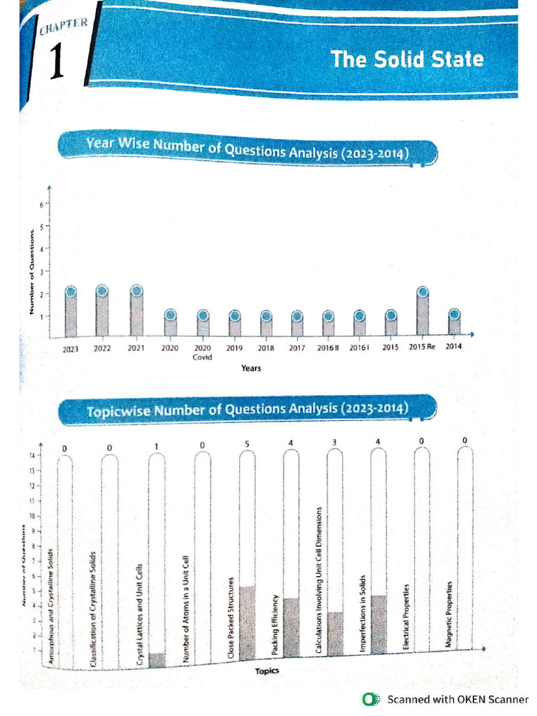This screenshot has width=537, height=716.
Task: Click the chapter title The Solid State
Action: click(x=407, y=59)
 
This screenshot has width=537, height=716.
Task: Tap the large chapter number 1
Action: click(x=58, y=62)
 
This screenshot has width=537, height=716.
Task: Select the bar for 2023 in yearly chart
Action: click(x=71, y=312)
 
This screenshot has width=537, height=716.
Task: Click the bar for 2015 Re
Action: click(x=423, y=312)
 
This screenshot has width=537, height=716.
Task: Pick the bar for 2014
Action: click(x=454, y=322)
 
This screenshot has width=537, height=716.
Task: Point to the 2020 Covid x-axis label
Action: click(x=203, y=352)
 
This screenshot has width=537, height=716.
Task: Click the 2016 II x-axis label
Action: click(x=328, y=348)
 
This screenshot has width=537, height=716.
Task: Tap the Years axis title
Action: click(x=251, y=368)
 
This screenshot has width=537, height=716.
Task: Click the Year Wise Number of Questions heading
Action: click(x=246, y=149)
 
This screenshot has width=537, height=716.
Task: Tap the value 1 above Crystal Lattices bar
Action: click(x=157, y=445)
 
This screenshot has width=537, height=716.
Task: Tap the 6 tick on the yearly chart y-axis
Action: click(x=41, y=204)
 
